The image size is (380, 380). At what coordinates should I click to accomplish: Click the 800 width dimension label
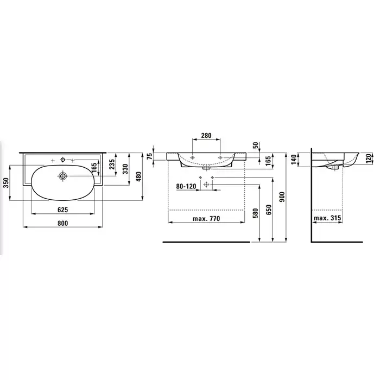pos(62,223)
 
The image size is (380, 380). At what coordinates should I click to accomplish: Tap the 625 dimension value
pos(62,210)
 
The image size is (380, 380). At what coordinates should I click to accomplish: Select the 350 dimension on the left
pos(6,182)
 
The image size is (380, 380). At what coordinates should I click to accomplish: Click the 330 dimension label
pos(125,169)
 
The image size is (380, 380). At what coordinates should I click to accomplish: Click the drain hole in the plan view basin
pos(63,176)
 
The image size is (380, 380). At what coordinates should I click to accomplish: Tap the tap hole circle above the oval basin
pos(63,160)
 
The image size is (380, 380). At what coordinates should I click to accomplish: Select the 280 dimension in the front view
pos(206,135)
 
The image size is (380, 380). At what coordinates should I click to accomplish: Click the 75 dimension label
pos(150,156)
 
